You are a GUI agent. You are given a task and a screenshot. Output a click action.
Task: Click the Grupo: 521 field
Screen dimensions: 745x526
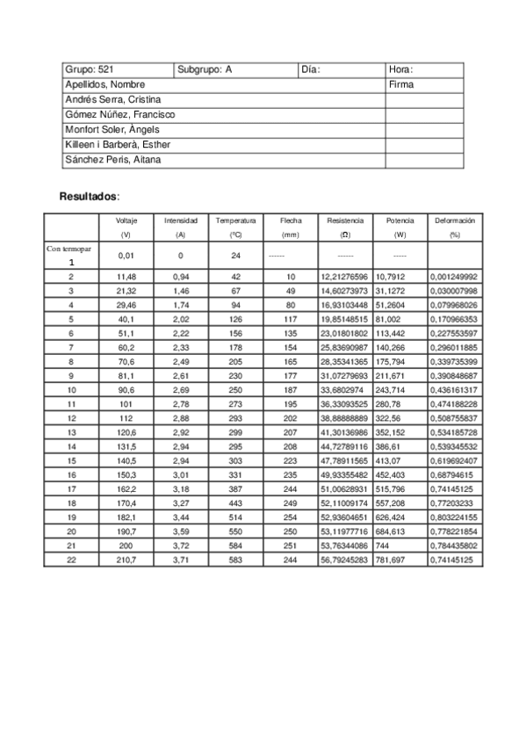(x=89, y=69)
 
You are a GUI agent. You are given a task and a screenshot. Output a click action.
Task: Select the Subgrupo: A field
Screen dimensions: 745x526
(x=205, y=69)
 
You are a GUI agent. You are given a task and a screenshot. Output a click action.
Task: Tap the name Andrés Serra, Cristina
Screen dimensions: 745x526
(x=112, y=100)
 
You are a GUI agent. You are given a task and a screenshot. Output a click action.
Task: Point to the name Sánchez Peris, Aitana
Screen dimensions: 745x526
(x=112, y=160)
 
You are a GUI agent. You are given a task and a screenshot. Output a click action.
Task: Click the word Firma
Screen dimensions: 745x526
(x=401, y=85)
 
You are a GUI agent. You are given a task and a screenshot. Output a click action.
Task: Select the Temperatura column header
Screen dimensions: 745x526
(x=235, y=221)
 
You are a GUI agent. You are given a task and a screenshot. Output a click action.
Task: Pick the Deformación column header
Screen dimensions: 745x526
(x=454, y=221)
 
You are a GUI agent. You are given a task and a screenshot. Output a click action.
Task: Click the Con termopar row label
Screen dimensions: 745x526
(x=69, y=250)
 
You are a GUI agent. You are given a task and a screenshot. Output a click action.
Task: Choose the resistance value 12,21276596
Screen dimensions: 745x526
(x=344, y=277)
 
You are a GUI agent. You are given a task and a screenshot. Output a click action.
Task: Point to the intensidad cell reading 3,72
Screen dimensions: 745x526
(x=180, y=546)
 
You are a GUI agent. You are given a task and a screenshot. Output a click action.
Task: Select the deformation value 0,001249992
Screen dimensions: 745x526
(x=454, y=277)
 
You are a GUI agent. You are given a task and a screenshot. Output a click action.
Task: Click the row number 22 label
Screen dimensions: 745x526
(x=71, y=560)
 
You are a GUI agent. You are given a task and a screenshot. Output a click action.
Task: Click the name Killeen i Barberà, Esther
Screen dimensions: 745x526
(x=118, y=145)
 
